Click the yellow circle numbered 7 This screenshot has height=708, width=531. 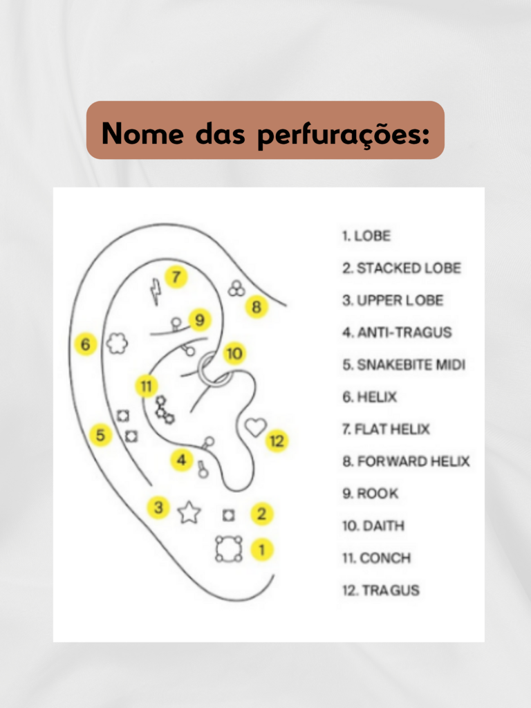pos(176,277)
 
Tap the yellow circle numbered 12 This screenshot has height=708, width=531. pos(277,440)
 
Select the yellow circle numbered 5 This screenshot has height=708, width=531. pos(100,435)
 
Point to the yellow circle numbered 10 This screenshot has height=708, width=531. pos(234,353)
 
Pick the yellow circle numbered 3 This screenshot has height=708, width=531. pos(158,507)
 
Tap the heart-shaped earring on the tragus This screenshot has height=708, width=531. pos(256,426)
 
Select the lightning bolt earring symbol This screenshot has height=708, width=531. pos(156,291)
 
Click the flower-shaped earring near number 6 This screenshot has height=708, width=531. pos(117,344)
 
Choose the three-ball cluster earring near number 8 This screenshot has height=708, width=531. pos(236,288)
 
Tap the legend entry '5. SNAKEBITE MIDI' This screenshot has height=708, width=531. pos(404,365)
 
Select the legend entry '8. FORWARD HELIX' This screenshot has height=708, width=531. pos(406,461)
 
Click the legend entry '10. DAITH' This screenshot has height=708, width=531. pos(373,526)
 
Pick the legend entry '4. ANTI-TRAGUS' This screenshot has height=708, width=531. pos(397,333)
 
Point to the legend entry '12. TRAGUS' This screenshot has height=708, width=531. pos(381,590)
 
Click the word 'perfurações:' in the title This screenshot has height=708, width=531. pos(344,135)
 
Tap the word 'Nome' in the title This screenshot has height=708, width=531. pos(142,133)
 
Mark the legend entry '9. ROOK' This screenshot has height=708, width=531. pos(371,494)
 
